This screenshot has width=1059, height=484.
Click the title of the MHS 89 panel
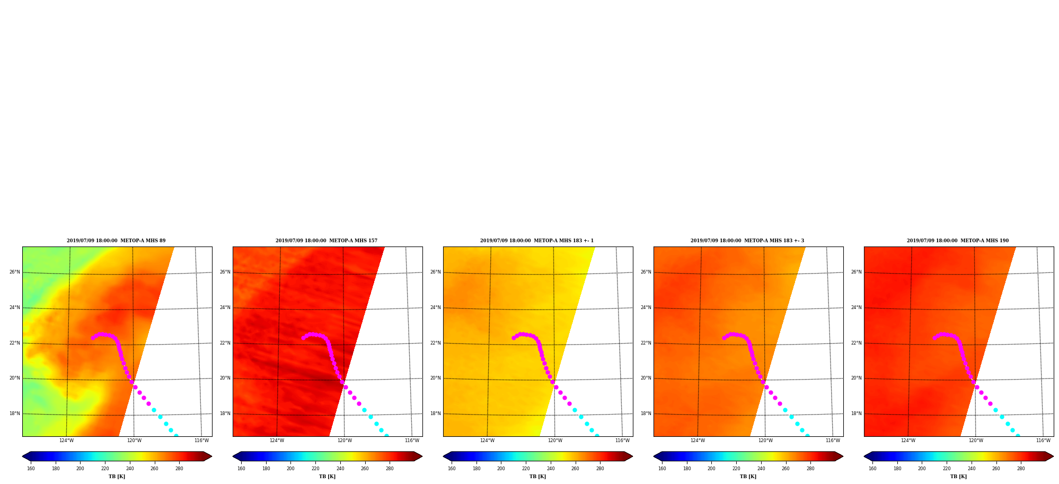pos(116,241)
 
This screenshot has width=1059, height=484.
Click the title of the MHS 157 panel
pos(326,241)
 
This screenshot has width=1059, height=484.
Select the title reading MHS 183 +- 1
pos(537,241)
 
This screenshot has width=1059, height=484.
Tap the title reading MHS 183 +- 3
pos(747,241)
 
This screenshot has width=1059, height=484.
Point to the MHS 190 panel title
pos(958,241)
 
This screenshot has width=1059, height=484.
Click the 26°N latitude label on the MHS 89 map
pos(14,272)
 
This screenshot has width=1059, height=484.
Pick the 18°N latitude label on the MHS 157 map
pos(225,414)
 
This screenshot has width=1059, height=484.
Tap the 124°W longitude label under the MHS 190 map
pos(908,441)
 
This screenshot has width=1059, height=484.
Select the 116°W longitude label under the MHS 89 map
pos(201,441)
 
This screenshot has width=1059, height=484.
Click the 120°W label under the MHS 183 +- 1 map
pos(555,441)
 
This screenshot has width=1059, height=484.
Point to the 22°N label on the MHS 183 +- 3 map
pos(646,343)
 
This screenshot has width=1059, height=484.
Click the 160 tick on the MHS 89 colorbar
pos(31,469)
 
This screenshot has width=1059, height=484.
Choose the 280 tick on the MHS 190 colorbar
pos(1021,469)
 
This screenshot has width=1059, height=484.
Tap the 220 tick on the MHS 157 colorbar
pos(315,469)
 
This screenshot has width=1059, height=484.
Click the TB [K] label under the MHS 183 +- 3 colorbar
pos(748,477)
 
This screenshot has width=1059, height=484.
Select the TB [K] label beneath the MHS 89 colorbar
pos(117,477)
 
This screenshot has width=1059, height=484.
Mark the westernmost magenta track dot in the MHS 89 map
pos(93,338)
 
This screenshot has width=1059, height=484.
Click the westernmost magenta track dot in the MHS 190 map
pos(934,338)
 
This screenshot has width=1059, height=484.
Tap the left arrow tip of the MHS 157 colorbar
pos(233,456)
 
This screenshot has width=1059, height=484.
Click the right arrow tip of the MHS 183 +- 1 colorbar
pos(633,456)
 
